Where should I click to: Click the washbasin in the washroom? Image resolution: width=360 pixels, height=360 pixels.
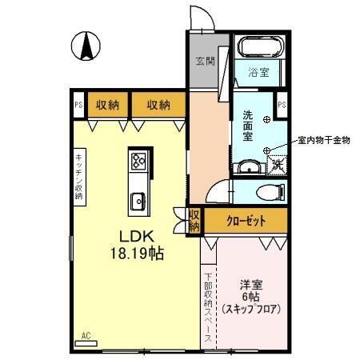click(250, 167)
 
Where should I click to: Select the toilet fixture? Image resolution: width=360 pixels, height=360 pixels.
click(271, 191)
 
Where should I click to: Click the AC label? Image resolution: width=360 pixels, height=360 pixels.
click(86, 335)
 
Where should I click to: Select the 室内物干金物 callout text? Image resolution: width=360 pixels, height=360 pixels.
click(323, 139)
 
